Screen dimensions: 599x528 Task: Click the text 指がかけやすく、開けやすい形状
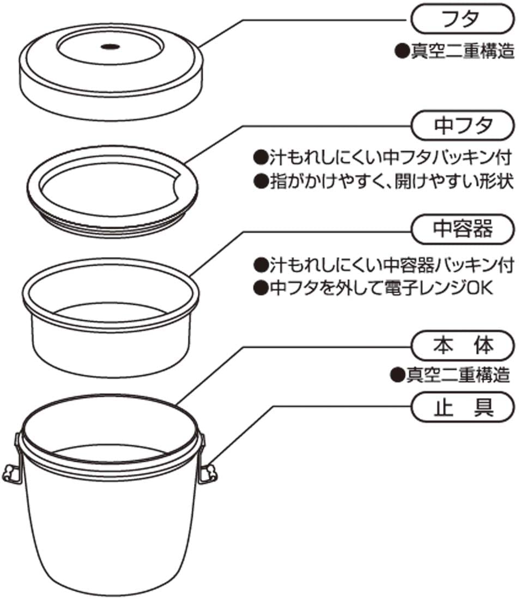(384, 181)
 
